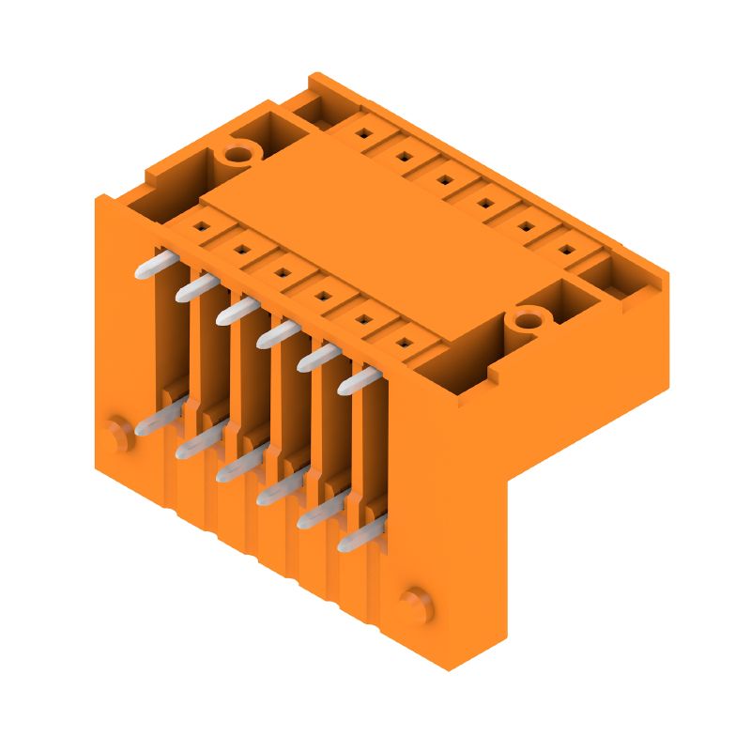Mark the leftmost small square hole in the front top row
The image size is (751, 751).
pyautogui.click(x=200, y=225)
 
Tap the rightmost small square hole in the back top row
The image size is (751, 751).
pyautogui.click(x=567, y=251)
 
